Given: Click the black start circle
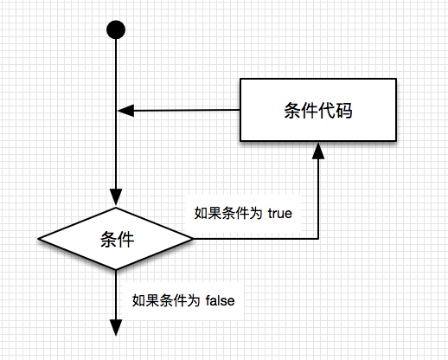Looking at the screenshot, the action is [x=116, y=29].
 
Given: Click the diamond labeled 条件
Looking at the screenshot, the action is [x=116, y=239].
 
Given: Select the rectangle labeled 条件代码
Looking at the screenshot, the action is [x=318, y=110].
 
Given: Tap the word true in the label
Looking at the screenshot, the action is [x=279, y=214].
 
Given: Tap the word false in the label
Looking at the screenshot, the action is [x=221, y=300].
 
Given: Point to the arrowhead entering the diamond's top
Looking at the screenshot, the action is [x=116, y=197].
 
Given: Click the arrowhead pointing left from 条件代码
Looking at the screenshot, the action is [x=126, y=111].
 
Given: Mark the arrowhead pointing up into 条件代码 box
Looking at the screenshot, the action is [x=318, y=151].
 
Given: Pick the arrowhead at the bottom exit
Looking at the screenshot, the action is [x=116, y=328].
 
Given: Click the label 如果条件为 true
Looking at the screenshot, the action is [x=243, y=214].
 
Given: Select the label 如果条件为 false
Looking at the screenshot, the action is [x=183, y=300].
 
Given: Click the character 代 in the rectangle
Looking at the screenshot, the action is [x=327, y=110].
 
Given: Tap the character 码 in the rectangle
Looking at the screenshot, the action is [x=343, y=110].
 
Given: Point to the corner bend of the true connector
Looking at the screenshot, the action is [x=318, y=239].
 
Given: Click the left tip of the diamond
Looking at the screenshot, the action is [x=38, y=239].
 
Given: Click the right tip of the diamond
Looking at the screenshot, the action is [x=193, y=239].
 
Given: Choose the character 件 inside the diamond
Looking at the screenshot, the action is [x=125, y=240].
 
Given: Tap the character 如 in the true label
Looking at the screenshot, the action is [x=201, y=214].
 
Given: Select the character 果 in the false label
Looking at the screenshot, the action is [x=152, y=300].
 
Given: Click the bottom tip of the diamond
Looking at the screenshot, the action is [x=116, y=270].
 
